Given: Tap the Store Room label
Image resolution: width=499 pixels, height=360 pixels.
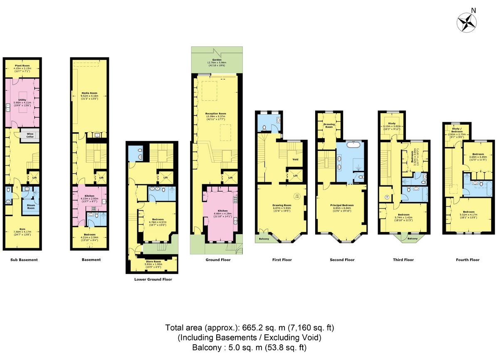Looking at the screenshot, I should (x=154, y=261).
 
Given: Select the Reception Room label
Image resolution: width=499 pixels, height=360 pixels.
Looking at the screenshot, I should (x=216, y=113).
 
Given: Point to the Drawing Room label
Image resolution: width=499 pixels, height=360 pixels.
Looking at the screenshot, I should (x=282, y=205).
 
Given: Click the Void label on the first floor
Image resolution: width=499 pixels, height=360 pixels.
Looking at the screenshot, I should (x=296, y=159).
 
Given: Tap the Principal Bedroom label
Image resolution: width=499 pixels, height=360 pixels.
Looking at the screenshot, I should (x=342, y=205).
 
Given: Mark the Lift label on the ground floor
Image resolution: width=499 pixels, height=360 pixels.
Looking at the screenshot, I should (x=230, y=178).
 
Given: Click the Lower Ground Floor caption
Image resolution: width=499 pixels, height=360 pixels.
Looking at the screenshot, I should (x=153, y=279).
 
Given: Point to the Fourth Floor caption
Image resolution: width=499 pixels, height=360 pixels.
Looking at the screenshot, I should (x=468, y=260).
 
